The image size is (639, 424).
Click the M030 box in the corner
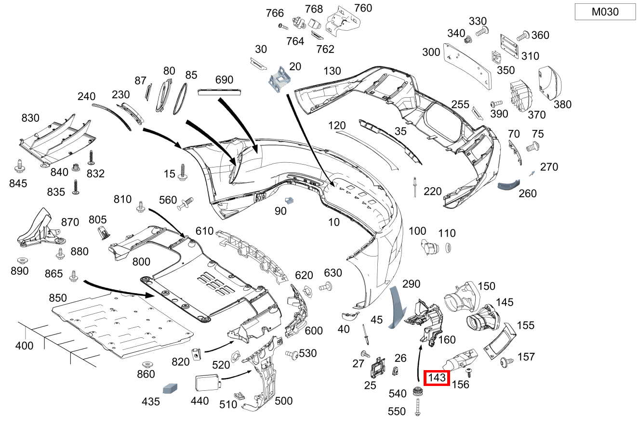click(605, 12)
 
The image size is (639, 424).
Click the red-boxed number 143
click(437, 378)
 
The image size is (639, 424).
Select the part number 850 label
click(58, 298)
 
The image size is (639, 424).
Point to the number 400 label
click(24, 346)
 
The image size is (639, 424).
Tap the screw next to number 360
click(522, 36)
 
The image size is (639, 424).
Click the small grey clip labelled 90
click(290, 200)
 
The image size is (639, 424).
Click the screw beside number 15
click(183, 172)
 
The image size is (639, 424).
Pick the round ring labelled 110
click(447, 247)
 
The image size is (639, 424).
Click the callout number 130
click(332, 71)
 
